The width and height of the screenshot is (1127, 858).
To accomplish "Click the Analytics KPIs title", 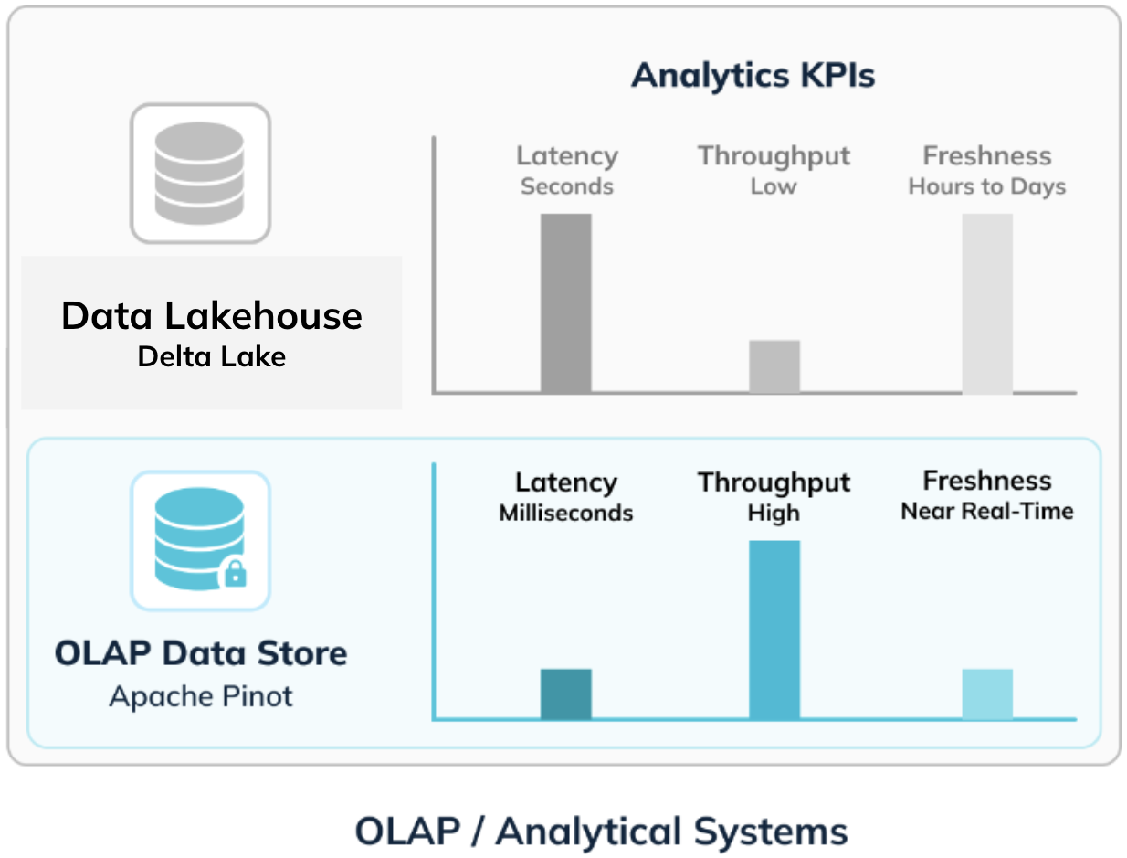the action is click(x=753, y=76).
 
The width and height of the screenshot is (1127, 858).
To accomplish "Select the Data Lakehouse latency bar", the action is click(x=566, y=303).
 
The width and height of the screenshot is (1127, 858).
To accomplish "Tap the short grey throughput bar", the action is click(x=774, y=366).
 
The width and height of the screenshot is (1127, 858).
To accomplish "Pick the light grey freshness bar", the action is click(x=987, y=303).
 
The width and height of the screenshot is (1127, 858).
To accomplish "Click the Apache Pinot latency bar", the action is click(x=566, y=694).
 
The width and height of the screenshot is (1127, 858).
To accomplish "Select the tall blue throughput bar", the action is click(x=774, y=630).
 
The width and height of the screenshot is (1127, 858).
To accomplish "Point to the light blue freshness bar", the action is click(x=987, y=694).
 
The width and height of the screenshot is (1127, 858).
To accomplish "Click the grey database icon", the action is click(x=199, y=173).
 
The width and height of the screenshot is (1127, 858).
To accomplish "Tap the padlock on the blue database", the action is click(x=236, y=574).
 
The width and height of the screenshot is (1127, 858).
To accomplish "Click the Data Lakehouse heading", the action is click(x=212, y=315).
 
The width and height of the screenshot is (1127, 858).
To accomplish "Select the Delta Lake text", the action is click(x=212, y=356).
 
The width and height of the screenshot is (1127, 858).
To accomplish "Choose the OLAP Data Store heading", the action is click(x=201, y=653).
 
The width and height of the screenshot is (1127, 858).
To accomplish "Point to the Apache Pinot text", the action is click(x=201, y=696).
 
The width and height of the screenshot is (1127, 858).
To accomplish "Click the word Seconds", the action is click(x=567, y=186).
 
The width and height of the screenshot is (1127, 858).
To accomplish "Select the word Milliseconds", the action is click(x=566, y=513).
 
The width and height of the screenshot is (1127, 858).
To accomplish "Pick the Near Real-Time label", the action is click(x=987, y=511).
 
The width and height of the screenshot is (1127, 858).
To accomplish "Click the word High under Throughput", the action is click(x=774, y=514).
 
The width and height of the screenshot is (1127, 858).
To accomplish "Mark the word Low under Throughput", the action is click(x=774, y=186).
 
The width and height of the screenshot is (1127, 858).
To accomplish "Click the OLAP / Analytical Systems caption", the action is click(x=601, y=831).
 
